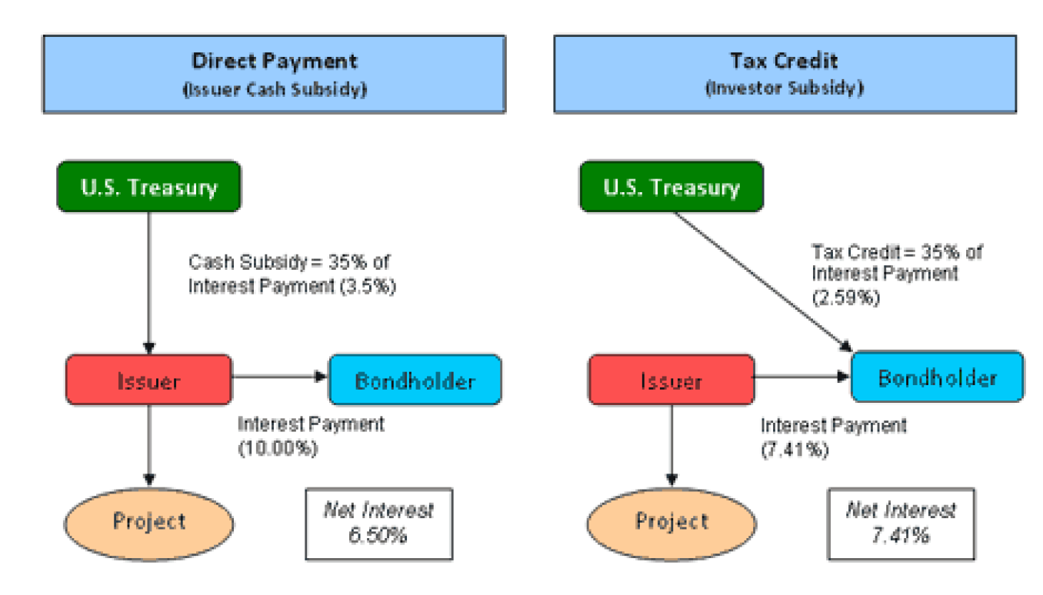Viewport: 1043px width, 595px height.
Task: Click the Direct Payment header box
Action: [x=274, y=74]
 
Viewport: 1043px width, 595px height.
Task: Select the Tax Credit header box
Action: [x=784, y=74]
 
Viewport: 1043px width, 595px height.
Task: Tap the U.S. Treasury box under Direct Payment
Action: [x=149, y=186]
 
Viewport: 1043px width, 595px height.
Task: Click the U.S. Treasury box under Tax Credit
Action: [x=671, y=186]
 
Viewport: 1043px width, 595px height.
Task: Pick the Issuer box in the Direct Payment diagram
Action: [x=148, y=380]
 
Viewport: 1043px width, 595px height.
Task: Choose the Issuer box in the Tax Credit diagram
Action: [x=671, y=380]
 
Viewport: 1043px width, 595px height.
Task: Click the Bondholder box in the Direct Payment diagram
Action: [x=415, y=380]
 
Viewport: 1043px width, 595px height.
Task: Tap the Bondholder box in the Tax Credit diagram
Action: [x=937, y=377]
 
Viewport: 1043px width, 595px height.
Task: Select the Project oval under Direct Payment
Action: [x=149, y=521]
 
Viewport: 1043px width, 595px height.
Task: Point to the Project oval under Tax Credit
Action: [x=671, y=521]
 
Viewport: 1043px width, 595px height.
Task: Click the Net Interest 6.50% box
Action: [x=378, y=522]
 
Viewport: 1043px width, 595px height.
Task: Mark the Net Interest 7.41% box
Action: [x=901, y=522]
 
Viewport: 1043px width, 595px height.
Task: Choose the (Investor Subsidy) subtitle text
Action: [x=784, y=88]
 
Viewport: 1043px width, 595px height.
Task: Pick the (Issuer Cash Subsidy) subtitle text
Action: [x=274, y=89]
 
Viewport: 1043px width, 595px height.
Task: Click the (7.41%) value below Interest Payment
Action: [x=795, y=450]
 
